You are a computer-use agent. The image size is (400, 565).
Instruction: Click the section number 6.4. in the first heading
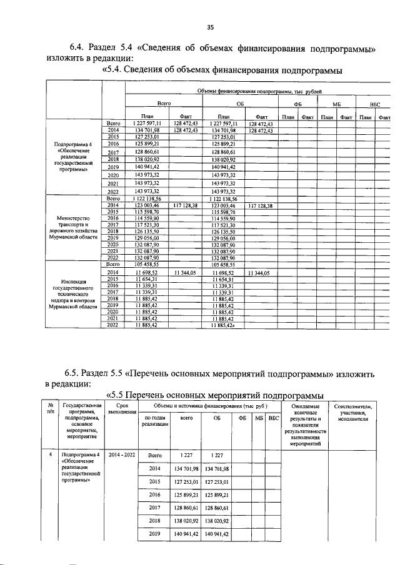coord(79,48)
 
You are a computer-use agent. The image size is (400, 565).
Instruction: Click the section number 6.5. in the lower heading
coord(79,374)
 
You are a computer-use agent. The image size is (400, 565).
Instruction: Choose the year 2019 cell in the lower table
coord(155,534)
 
